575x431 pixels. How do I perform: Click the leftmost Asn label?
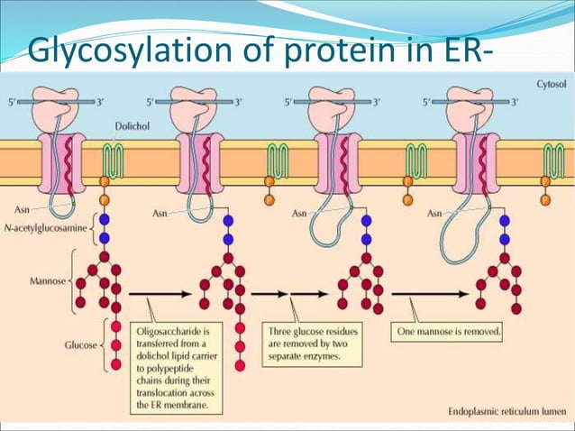click(25, 209)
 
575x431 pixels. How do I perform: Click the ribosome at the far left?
click(57, 105)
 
